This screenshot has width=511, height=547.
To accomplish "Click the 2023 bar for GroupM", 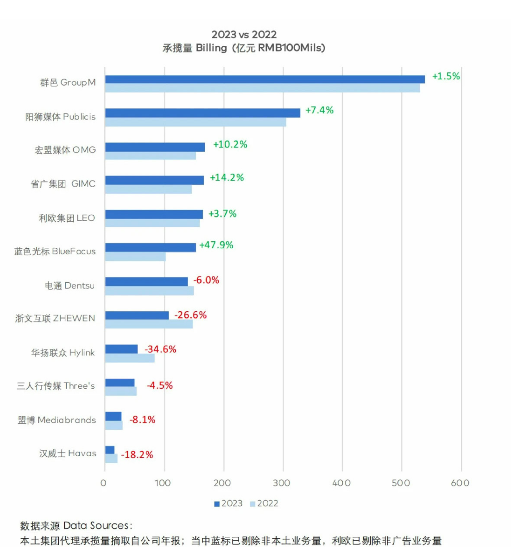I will (x=265, y=79).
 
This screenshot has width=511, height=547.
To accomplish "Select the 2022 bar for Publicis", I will (x=195, y=122).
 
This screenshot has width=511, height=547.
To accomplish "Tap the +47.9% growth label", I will (x=216, y=245).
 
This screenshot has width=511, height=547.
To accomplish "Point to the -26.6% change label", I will (x=190, y=315).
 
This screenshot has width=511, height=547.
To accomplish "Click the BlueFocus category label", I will (x=55, y=251).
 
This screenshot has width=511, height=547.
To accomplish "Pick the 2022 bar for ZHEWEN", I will (x=149, y=324).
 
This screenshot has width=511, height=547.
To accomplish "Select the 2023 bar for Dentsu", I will (x=146, y=282).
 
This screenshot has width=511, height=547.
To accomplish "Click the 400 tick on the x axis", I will (x=341, y=483).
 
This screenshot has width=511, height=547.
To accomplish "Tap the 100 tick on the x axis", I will (x=163, y=483).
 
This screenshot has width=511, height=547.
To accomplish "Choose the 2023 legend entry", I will (x=228, y=503).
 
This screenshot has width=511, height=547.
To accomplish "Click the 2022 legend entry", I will (x=264, y=503).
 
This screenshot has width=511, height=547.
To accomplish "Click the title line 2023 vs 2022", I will (x=244, y=34).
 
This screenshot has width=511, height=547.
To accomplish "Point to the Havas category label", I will (x=68, y=453).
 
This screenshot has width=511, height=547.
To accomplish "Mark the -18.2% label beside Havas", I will (x=137, y=455).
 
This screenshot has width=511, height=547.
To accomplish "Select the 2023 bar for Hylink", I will (x=121, y=349).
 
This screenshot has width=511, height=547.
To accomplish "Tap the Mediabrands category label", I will (x=57, y=420).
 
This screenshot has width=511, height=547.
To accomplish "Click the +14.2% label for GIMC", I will (x=227, y=177).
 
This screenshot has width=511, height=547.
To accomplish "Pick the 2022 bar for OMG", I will (x=150, y=156).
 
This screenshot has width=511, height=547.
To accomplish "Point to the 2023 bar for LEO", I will (x=154, y=214).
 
